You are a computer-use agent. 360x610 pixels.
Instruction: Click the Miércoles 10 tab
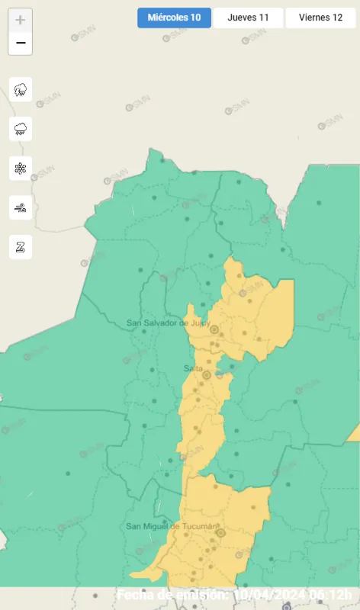[174, 18]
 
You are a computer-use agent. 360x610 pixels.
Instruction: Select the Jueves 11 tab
[248, 18]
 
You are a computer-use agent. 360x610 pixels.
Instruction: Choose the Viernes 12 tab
[320, 18]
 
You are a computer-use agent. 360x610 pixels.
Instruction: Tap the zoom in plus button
[21, 20]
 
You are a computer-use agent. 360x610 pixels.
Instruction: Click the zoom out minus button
[21, 43]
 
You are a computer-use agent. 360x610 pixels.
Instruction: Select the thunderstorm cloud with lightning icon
[21, 89]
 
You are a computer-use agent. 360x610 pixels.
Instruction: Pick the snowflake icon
[21, 168]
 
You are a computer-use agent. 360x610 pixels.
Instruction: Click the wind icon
[21, 207]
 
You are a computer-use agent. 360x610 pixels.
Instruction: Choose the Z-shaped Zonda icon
[21, 246]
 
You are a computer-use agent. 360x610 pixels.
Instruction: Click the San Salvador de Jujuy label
[167, 323]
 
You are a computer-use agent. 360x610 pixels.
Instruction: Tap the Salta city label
[193, 369]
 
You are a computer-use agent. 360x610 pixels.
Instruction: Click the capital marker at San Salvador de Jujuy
[214, 329]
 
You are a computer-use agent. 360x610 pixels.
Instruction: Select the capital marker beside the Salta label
[207, 375]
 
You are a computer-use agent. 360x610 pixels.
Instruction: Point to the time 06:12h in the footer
[330, 595]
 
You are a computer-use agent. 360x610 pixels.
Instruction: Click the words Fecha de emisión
[172, 595]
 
